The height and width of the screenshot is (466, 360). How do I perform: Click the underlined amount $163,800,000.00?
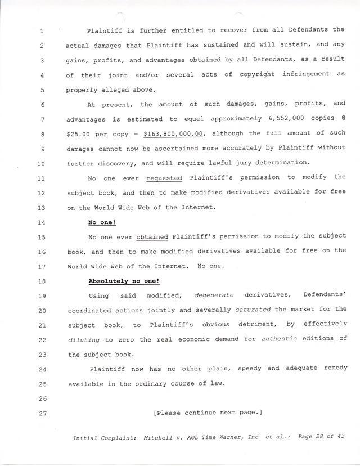click(x=174, y=133)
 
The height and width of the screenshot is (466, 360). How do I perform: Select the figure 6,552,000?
click(x=281, y=119)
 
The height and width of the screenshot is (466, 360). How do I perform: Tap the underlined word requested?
click(x=164, y=178)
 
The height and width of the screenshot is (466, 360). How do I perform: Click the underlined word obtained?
click(x=152, y=237)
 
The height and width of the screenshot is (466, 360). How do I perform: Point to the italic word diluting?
click(x=84, y=339)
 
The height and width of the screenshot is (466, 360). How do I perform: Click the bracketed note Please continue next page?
click(x=208, y=413)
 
